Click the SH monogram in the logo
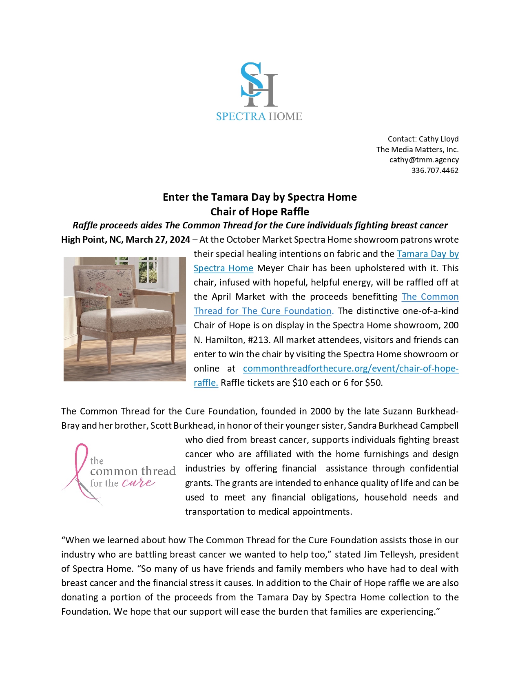259,85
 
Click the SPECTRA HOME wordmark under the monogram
259,117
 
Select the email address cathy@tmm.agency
424,160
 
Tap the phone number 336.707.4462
435,170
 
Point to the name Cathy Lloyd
438,139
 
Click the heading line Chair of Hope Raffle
260,212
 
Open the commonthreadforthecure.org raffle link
350,369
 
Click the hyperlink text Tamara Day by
427,254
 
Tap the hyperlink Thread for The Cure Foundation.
263,311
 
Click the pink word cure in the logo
138,483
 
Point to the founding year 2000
320,412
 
